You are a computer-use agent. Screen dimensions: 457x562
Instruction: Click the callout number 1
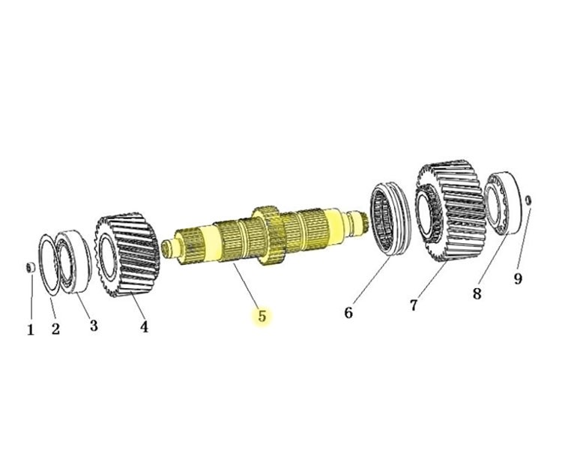31,329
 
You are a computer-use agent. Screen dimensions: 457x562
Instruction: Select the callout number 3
94,325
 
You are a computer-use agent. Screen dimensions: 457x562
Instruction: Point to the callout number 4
143,326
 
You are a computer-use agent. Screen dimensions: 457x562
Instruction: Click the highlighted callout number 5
262,316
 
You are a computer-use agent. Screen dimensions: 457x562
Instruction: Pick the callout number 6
348,312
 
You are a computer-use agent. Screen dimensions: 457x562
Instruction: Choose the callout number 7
413,305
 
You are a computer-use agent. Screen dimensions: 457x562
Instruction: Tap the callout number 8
477,293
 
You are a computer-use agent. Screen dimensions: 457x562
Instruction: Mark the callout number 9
517,279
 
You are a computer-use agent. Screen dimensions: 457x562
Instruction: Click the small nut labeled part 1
31,268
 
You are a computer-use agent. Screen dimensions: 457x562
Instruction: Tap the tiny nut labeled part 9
528,200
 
